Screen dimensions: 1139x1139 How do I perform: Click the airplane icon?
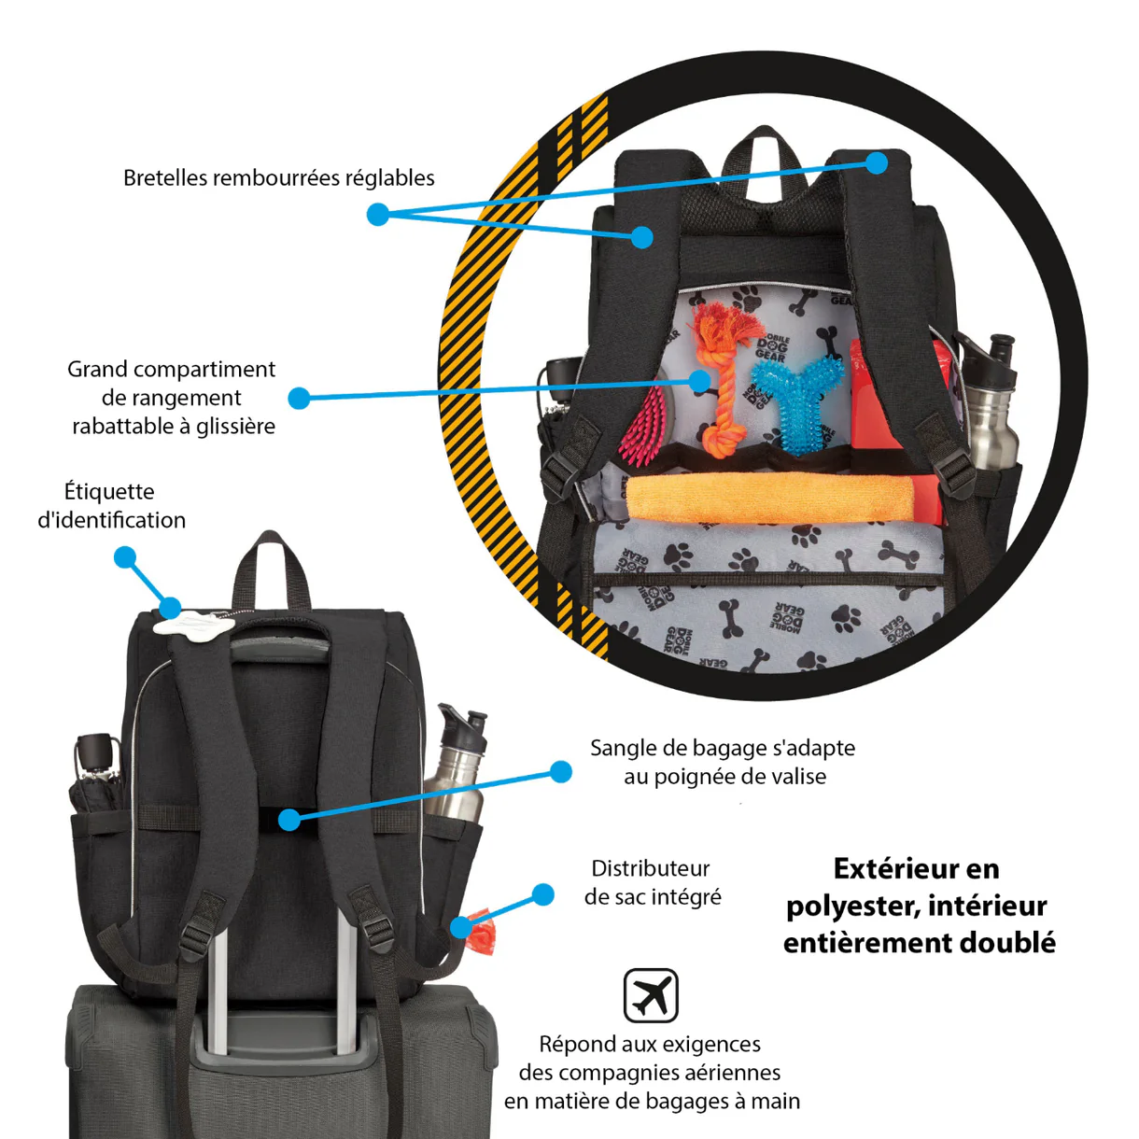pyautogui.click(x=651, y=995)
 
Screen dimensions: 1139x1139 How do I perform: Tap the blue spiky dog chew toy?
pyautogui.click(x=794, y=401)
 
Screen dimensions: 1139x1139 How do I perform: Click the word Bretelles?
pyautogui.click(x=165, y=177)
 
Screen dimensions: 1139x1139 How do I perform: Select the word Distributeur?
pyautogui.click(x=651, y=868)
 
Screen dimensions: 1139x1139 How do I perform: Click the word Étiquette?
pyautogui.click(x=109, y=491)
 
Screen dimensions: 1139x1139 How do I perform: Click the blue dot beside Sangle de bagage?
pyautogui.click(x=561, y=771)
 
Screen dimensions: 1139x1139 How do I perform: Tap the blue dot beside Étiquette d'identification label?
pyautogui.click(x=125, y=557)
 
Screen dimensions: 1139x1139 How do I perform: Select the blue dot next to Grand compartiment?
pyautogui.click(x=299, y=399)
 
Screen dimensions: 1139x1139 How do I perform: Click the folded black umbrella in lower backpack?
pyautogui.click(x=96, y=784)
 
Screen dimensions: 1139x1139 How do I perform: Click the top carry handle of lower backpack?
pyautogui.click(x=271, y=565)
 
